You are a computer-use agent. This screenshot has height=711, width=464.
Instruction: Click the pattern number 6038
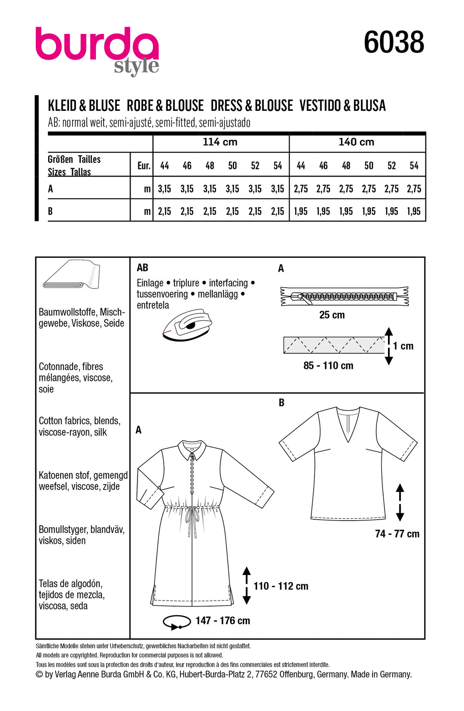pyautogui.click(x=394, y=43)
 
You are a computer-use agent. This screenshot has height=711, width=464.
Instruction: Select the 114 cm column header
pyautogui.click(x=220, y=142)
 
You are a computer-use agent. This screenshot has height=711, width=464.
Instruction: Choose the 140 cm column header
pyautogui.click(x=356, y=142)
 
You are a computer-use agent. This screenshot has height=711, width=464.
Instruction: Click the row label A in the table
pyautogui.click(x=51, y=189)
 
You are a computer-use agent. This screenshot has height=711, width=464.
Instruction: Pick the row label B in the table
pyautogui.click(x=51, y=211)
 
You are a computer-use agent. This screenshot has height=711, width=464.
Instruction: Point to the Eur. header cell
pyautogui.click(x=143, y=166)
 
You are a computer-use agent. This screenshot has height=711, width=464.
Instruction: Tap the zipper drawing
pyautogui.click(x=345, y=296)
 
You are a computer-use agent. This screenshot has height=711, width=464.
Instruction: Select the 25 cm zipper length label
pyautogui.click(x=332, y=315)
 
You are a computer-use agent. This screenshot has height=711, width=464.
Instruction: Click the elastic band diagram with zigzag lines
pyautogui.click(x=334, y=345)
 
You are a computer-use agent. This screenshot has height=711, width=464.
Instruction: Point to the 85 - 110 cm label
pyautogui.click(x=328, y=366)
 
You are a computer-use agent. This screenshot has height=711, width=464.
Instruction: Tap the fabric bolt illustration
pyautogui.click(x=71, y=275)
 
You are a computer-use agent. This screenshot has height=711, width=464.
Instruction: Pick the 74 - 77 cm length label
pyautogui.click(x=397, y=534)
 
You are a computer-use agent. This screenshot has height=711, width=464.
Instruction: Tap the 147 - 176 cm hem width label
pyautogui.click(x=223, y=621)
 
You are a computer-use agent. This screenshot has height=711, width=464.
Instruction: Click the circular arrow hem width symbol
pyautogui.click(x=177, y=622)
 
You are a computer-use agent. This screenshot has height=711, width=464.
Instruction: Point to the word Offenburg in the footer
pyautogui.click(x=296, y=674)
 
